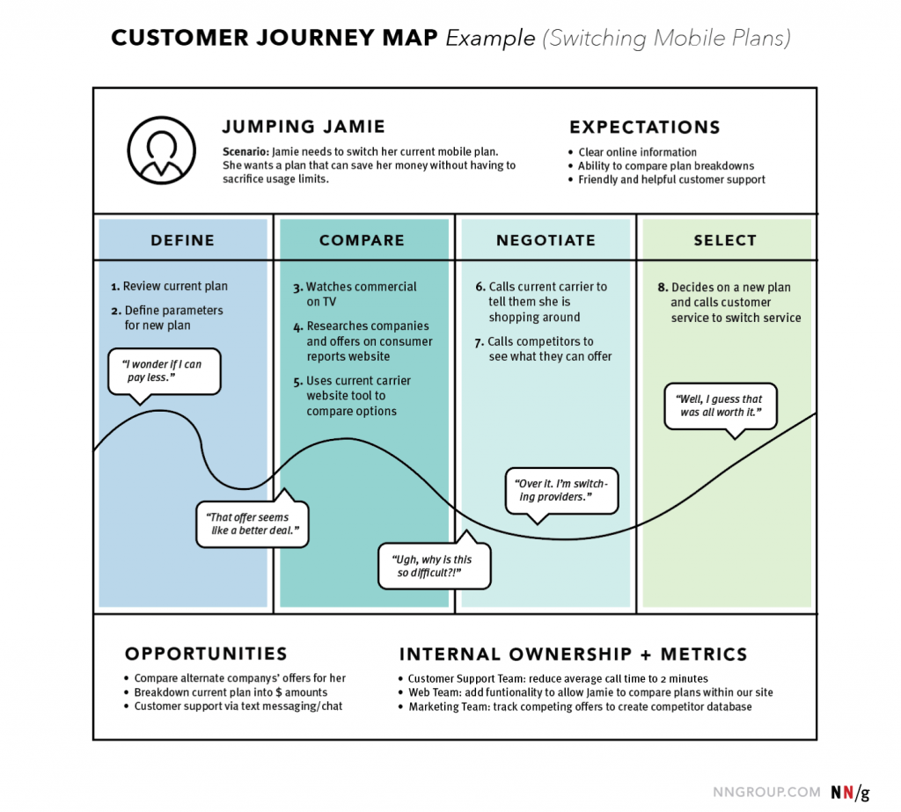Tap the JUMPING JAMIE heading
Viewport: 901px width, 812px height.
[x=304, y=127]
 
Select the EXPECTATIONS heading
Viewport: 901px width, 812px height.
[x=644, y=127]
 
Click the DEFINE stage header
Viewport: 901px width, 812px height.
[x=182, y=240]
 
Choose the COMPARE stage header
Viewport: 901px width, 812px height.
[x=362, y=240]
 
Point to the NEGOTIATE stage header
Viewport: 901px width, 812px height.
[x=546, y=240]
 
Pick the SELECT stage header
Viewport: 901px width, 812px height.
[x=725, y=240]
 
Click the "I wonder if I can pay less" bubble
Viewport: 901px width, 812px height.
[x=163, y=370]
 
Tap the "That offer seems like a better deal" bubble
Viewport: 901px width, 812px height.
[x=253, y=523]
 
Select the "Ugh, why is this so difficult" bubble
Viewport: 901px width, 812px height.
[x=434, y=566]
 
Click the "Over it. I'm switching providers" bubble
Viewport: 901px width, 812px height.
[x=561, y=490]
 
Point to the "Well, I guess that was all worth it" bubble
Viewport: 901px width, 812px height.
[x=720, y=406]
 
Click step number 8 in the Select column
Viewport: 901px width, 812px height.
[x=663, y=288]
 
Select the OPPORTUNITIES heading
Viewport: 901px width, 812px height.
[x=206, y=654]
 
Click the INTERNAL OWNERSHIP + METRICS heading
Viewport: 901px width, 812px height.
[x=573, y=655]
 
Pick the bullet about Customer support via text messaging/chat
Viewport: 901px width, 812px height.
[x=238, y=706]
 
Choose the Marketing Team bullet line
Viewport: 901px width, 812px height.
[x=580, y=706]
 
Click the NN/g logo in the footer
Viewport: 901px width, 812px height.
[x=850, y=792]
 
